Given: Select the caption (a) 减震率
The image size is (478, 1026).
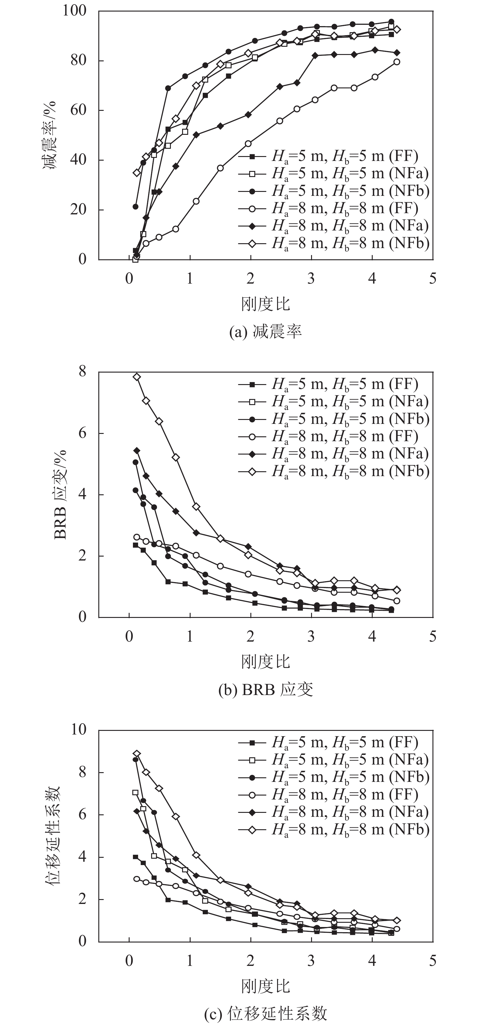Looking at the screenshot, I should click(x=266, y=332).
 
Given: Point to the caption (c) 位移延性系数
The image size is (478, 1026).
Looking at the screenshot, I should click(x=266, y=1014).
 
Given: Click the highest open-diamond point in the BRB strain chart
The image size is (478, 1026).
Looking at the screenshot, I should click(x=137, y=377).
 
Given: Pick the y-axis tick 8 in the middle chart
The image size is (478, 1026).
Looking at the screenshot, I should click(x=82, y=372).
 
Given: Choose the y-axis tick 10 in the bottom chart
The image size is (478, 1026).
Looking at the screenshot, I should click(x=78, y=729).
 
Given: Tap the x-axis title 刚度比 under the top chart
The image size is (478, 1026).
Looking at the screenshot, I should click(x=266, y=305).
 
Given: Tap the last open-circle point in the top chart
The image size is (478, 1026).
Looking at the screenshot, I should click(x=397, y=62).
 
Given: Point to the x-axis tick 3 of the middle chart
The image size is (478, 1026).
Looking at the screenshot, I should click(x=311, y=636).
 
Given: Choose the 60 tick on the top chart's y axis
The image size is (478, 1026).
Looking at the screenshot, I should click(x=78, y=110).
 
